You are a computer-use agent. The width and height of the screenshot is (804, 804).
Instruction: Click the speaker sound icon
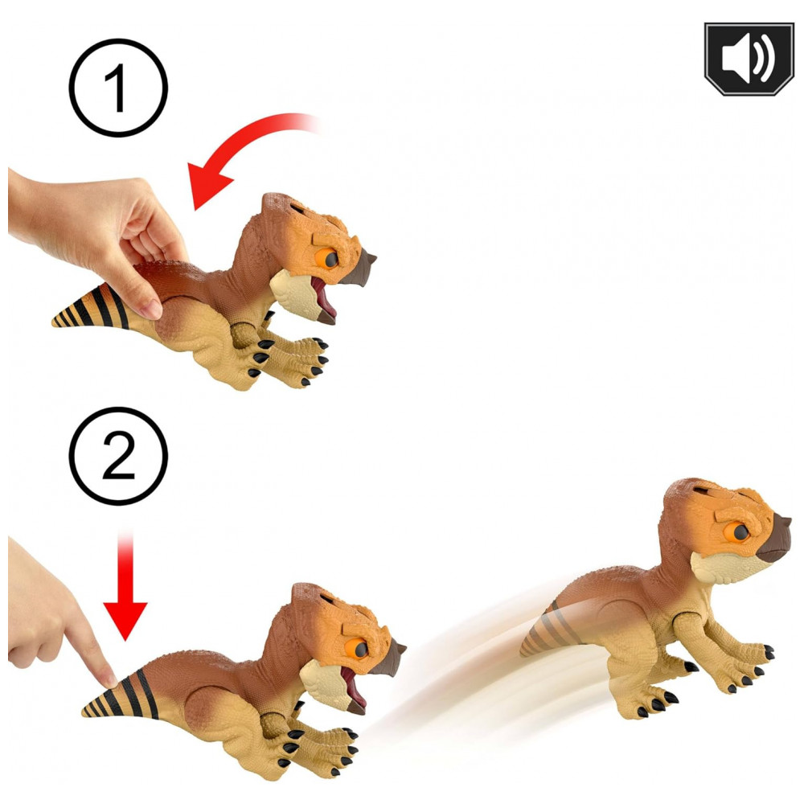click(749, 59)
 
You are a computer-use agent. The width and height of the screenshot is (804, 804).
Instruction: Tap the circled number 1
click(118, 88)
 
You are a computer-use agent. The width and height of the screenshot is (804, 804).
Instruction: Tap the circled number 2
click(118, 456)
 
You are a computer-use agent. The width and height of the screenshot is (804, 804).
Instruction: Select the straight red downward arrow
click(125, 585)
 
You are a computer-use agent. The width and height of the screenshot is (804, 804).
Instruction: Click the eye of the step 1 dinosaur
click(329, 258)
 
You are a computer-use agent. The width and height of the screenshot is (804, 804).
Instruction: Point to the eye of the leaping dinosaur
click(739, 532)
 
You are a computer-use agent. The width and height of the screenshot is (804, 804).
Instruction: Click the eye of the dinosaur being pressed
click(359, 649)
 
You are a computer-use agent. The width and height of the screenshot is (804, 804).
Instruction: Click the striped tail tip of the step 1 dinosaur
click(55, 322)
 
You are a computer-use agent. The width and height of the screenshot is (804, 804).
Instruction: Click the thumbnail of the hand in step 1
click(152, 310)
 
